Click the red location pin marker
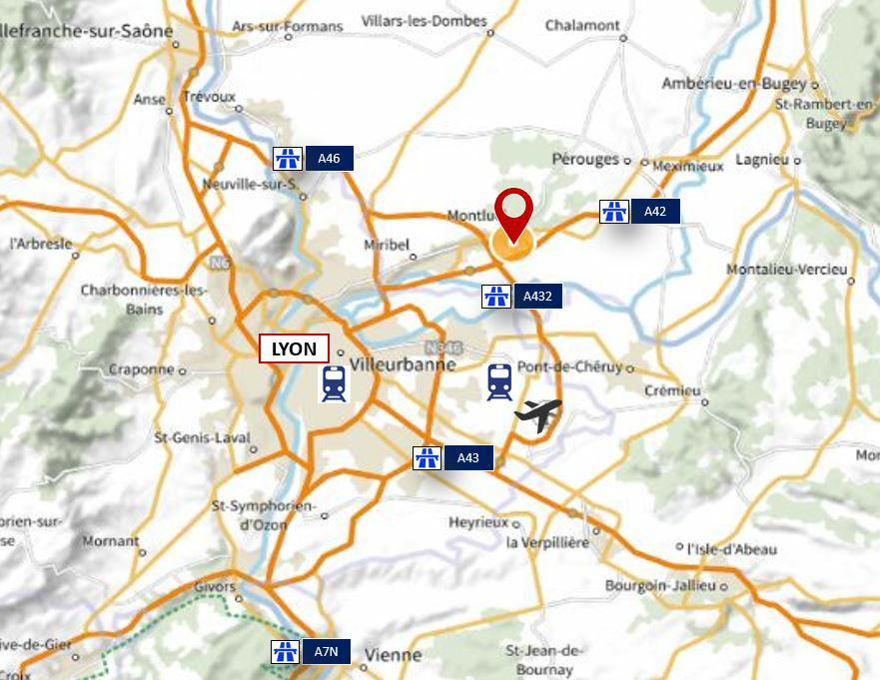(514, 213)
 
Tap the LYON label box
(294, 348)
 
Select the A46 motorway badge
(313, 158)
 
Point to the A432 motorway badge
(522, 296)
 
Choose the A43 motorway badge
(452, 458)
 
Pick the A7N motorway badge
(311, 652)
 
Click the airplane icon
(537, 414)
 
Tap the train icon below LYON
(334, 383)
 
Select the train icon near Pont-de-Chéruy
(499, 381)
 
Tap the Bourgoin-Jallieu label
(660, 585)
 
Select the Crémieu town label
(672, 389)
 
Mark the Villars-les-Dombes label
(424, 21)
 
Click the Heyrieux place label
(478, 522)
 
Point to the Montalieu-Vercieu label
(786, 270)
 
